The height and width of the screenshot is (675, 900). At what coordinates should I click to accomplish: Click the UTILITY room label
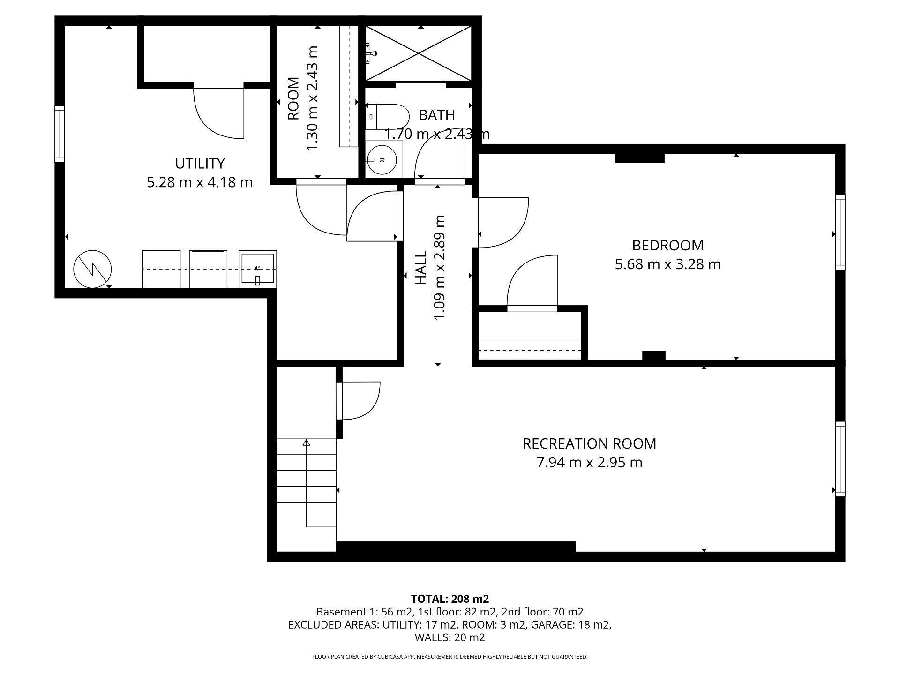[200, 164]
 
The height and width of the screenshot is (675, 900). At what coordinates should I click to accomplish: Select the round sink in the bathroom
[383, 160]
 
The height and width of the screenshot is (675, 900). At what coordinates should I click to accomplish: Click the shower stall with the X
[418, 53]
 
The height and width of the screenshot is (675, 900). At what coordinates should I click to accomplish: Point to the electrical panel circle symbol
[92, 269]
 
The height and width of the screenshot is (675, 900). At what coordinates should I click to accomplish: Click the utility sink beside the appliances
[257, 269]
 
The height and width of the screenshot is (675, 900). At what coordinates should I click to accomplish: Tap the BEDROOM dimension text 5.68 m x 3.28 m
[667, 264]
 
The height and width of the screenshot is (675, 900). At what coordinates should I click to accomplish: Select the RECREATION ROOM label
[589, 443]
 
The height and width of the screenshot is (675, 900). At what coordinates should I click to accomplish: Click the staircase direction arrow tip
[307, 442]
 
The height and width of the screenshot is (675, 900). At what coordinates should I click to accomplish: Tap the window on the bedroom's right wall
[840, 232]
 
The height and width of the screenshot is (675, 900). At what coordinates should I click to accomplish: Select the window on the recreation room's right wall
[840, 459]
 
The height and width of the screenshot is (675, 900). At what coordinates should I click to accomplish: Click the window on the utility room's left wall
[60, 134]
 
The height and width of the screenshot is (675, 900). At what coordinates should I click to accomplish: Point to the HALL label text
[421, 268]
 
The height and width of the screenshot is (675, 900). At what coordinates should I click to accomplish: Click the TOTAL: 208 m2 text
[450, 599]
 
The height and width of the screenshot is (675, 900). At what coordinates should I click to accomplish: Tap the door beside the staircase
[359, 400]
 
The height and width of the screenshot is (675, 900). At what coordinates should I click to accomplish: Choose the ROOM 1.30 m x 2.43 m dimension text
[312, 98]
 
